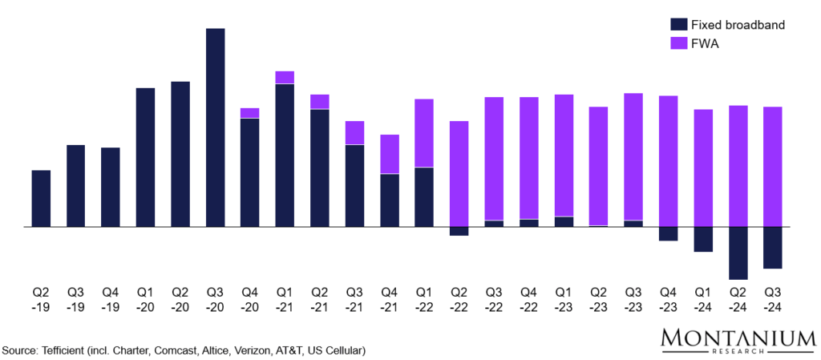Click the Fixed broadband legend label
[738, 25]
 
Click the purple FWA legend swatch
[677, 43]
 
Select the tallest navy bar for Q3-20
[215, 128]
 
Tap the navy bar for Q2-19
[41, 199]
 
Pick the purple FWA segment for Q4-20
[249, 113]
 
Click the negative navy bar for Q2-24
[738, 253]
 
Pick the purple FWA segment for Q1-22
[423, 133]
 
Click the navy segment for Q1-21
[285, 156]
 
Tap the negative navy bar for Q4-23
[668, 234]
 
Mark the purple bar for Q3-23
[633, 156]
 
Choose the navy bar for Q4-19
[111, 188]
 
